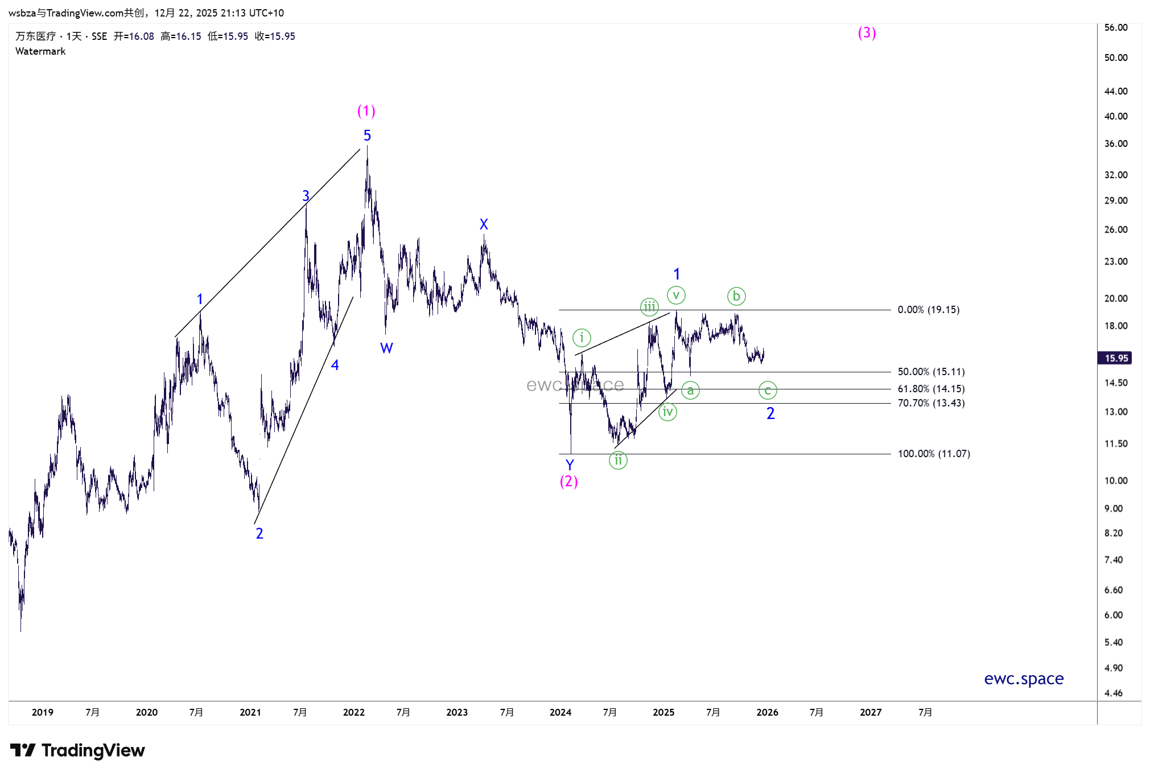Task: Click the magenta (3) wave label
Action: coord(867,33)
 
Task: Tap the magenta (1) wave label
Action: coord(366,110)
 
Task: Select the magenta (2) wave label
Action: coord(568,482)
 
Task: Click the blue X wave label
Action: coord(484,224)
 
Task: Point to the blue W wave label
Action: coord(386,348)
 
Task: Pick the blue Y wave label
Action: coord(570,465)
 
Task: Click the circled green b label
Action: coord(736,296)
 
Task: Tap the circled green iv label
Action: coord(667,412)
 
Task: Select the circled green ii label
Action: coord(618,460)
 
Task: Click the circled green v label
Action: coord(676,295)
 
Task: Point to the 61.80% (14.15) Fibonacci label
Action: coord(931,389)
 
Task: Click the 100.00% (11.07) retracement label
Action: coord(934,454)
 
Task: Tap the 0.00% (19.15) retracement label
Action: coord(928,310)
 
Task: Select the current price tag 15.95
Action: coord(1116,358)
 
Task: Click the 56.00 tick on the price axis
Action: coord(1115,27)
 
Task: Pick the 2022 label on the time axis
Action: coord(353,712)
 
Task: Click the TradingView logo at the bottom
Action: coord(77,750)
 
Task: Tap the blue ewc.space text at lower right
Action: coord(1024,679)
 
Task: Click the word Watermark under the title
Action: coord(40,51)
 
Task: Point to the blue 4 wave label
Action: coord(335,365)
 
